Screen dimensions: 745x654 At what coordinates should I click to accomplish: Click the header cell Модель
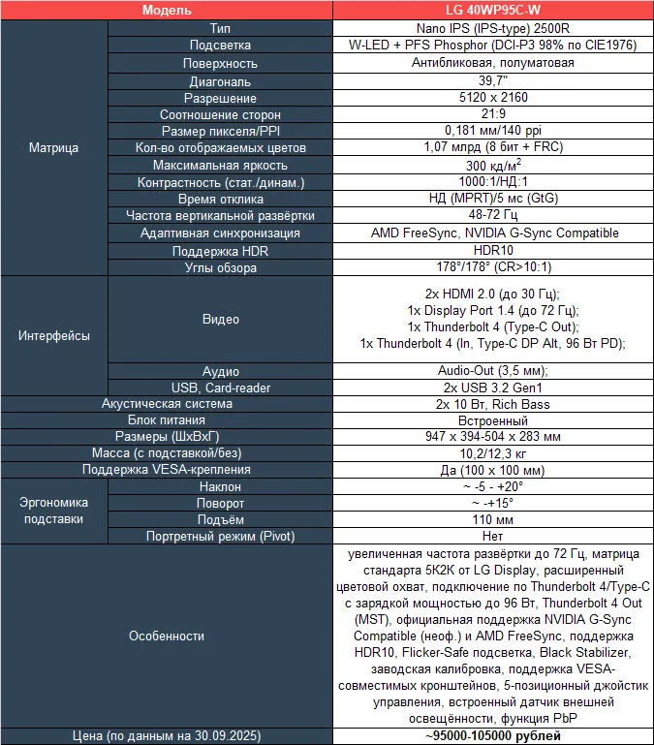[x=167, y=11]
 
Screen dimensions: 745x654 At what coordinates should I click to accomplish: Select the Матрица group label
[x=54, y=148]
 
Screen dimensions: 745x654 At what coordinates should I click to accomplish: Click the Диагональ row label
[x=220, y=81]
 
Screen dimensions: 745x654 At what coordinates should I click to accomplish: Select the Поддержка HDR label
[x=220, y=249]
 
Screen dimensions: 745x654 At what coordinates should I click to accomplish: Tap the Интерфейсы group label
[x=54, y=336]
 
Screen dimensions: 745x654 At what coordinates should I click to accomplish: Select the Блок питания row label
[x=167, y=420]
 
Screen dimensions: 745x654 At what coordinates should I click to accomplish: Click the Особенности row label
[x=167, y=636]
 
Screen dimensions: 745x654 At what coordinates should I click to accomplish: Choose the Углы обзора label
[x=220, y=265]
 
